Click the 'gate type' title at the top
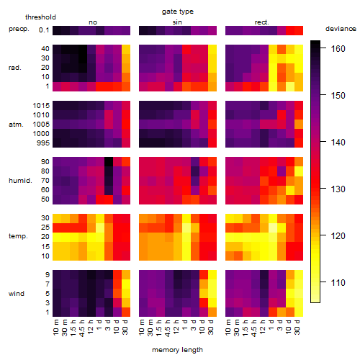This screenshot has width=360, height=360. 178,12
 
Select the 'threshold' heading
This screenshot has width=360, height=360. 40,17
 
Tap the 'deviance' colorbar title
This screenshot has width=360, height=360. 341,29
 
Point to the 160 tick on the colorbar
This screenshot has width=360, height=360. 323,48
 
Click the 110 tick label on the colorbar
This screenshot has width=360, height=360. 338,282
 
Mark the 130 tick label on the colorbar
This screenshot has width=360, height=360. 338,189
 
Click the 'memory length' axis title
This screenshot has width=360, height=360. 178,350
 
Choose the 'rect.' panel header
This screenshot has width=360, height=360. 262,22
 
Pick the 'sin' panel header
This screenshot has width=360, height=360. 177,22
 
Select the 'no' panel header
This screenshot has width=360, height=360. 93,22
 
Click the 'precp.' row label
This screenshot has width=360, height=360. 19,30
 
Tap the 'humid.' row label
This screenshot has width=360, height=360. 20,181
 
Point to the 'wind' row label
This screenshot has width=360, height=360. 17,294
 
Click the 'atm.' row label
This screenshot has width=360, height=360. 16,125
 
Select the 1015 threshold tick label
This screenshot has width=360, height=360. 41,106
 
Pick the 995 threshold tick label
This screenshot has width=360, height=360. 43,143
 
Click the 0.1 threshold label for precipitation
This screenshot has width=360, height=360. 44,30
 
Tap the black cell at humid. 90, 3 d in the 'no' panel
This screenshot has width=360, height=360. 109,162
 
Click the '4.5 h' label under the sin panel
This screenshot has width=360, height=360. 168,328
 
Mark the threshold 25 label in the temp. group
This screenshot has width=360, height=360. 45,227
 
